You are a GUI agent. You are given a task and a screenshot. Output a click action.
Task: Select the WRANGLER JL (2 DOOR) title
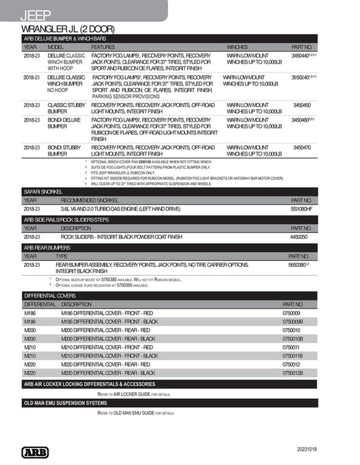68,29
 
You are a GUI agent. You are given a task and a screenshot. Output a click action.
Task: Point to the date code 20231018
311,451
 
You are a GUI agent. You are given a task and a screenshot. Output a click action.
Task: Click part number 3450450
301,105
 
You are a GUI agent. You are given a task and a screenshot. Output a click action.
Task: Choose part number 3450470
301,147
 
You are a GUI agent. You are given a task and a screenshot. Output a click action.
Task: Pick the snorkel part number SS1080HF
301,208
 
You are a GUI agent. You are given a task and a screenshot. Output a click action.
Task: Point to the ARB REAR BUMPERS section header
47,248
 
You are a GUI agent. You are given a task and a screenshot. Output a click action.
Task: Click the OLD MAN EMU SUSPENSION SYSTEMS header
70,403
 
